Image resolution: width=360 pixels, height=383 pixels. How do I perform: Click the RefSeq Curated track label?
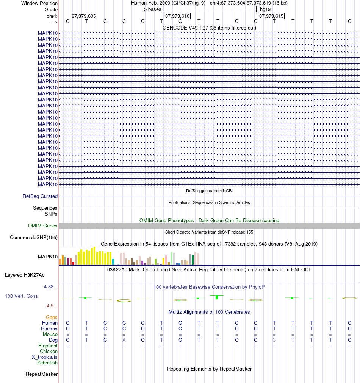(x=40, y=196)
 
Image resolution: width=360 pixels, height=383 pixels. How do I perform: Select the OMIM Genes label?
(x=42, y=226)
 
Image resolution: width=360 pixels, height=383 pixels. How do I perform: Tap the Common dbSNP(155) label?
(x=34, y=237)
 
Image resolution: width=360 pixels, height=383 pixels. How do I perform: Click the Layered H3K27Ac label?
(x=25, y=275)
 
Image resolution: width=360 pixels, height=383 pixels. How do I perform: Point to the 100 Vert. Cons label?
(x=21, y=296)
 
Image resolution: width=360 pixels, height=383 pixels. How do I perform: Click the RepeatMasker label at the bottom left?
(x=42, y=374)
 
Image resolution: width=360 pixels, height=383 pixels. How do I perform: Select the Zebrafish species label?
(x=47, y=363)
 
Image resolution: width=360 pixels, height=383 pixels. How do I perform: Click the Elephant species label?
(x=48, y=346)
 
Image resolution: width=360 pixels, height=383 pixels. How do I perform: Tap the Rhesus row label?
(x=49, y=329)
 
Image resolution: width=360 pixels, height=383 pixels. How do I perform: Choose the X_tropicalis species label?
(x=45, y=357)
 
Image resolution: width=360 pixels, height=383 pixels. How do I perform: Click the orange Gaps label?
(x=52, y=317)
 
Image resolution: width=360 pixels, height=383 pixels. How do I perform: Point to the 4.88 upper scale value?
(x=49, y=287)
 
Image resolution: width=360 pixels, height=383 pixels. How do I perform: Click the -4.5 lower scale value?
(x=49, y=306)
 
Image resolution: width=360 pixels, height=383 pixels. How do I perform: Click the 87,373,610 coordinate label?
(x=177, y=16)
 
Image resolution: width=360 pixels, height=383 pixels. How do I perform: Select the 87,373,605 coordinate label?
(x=84, y=16)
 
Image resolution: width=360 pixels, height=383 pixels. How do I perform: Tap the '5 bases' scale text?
(x=153, y=9)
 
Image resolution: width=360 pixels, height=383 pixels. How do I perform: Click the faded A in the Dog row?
(x=124, y=340)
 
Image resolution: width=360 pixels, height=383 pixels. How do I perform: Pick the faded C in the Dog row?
(x=274, y=340)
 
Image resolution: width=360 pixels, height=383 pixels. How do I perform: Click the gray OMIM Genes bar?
(x=209, y=226)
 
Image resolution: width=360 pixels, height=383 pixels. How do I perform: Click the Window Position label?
(x=39, y=3)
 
